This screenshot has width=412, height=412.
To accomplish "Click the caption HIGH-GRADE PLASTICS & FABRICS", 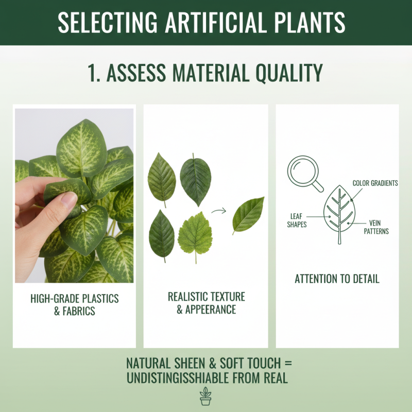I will tap(75, 305).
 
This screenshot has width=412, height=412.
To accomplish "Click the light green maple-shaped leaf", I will tap(195, 236).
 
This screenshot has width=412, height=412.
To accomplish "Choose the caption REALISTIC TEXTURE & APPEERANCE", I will tap(206, 303).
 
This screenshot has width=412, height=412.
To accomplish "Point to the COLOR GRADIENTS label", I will tap(375, 183).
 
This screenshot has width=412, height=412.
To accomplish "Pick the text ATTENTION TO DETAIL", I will tap(337, 279).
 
